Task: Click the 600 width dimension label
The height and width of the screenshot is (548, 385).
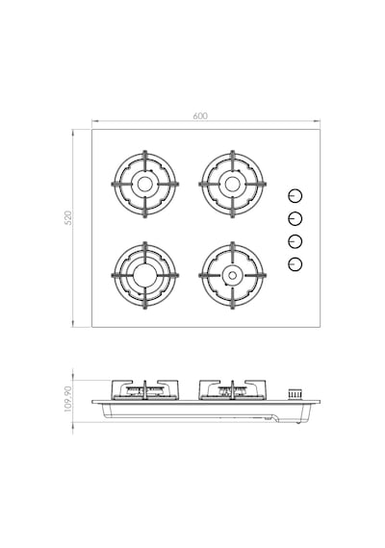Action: [200, 115]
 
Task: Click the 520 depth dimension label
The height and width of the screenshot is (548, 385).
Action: [69, 217]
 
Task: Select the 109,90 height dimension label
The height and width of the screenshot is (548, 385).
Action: [68, 399]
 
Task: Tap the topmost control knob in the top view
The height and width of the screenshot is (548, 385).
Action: [295, 196]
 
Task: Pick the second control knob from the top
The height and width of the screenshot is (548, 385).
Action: [295, 219]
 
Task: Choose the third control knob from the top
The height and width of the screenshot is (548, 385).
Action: [295, 241]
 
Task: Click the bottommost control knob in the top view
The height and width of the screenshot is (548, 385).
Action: [295, 264]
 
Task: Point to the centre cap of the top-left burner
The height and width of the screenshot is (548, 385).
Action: [144, 185]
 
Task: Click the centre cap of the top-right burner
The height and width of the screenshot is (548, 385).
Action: [232, 185]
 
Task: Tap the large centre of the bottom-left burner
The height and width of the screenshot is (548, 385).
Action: [144, 275]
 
